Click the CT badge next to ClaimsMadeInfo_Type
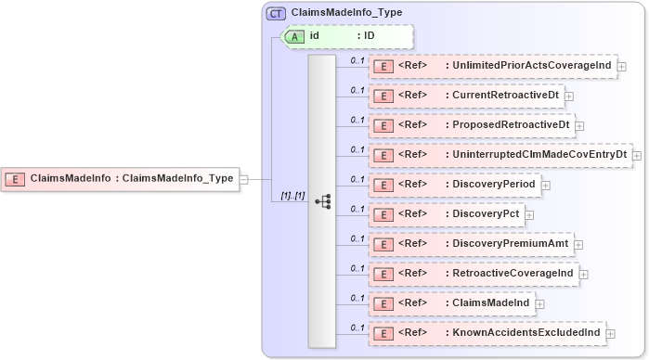(276, 14)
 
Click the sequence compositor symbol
(322, 200)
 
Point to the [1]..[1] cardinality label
(292, 196)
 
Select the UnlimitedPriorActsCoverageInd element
(493, 66)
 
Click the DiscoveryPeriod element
(455, 185)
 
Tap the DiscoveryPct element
(447, 214)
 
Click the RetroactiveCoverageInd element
(474, 274)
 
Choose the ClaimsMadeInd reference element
(451, 303)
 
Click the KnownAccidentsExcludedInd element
(487, 333)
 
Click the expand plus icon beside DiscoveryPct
(529, 215)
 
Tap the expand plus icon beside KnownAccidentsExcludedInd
(610, 334)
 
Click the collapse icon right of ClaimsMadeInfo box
(243, 178)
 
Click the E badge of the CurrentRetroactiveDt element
(381, 96)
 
